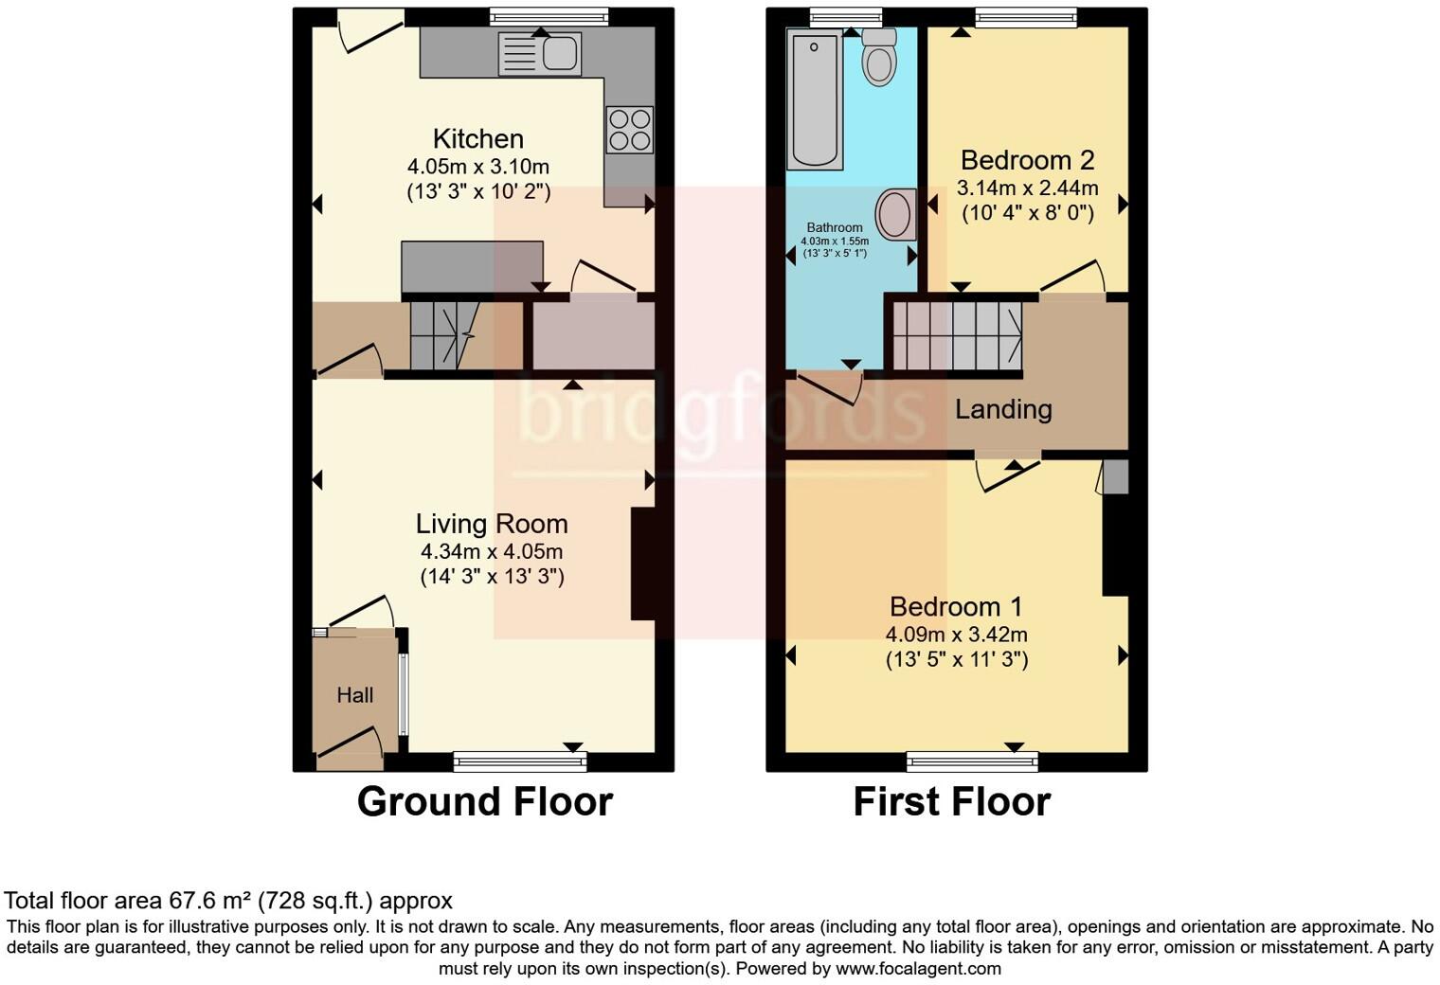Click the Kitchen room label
(478, 139)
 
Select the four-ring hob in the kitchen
(630, 130)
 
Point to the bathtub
(814, 100)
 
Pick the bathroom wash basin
(895, 214)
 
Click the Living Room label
(492, 524)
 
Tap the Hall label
(355, 695)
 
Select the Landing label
(1003, 409)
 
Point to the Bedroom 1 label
(957, 606)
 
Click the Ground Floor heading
(484, 801)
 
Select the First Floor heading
(951, 801)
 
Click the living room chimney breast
(643, 564)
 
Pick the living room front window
(520, 761)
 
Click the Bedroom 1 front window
(972, 761)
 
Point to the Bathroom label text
(835, 227)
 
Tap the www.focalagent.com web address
(918, 968)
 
